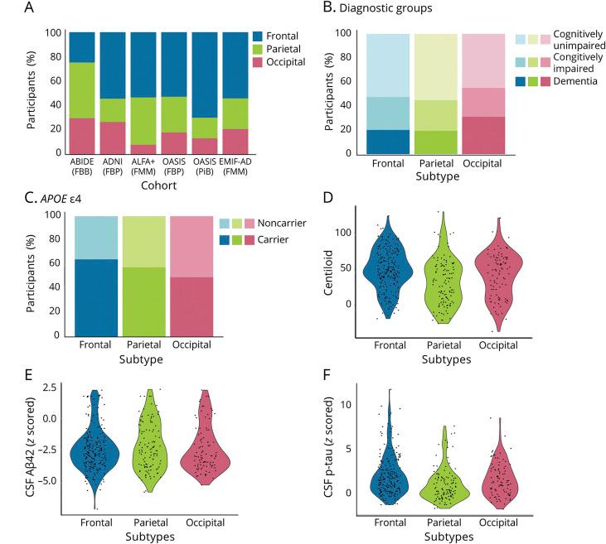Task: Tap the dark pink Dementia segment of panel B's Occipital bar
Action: click(x=482, y=134)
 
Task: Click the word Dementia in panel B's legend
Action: click(x=563, y=99)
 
